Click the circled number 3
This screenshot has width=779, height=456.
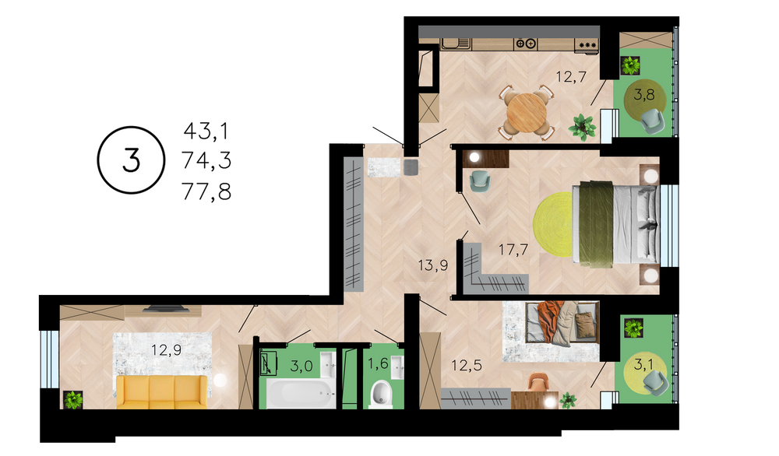131,160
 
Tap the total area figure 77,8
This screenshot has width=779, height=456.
206,191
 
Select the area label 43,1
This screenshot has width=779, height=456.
206,132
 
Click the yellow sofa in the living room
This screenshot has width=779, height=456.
162,392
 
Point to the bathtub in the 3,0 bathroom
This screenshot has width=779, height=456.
301,394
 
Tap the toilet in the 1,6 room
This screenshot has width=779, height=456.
381,395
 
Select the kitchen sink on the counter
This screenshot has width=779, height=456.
456,44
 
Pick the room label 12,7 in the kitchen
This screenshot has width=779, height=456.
571,77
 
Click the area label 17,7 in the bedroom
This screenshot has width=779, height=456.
513,249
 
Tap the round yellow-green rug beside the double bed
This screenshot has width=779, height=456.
553,224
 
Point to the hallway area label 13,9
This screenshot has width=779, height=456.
432,265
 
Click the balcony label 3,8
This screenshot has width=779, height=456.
644,94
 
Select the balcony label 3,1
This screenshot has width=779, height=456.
644,365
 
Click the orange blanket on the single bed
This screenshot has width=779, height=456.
550,319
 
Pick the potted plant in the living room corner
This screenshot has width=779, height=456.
73,399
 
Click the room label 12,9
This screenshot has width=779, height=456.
167,350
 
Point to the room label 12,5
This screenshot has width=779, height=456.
467,366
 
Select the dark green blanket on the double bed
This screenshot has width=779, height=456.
596,224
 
